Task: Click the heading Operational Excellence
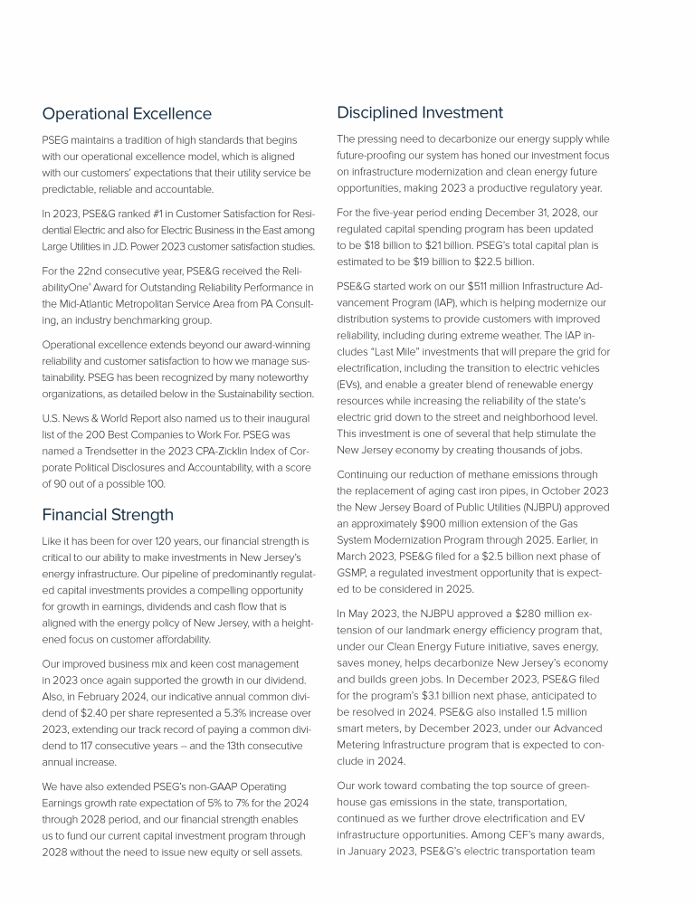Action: pyautogui.click(x=127, y=114)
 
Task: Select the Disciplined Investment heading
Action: pyautogui.click(x=420, y=112)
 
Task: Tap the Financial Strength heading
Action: pyautogui.click(x=108, y=515)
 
